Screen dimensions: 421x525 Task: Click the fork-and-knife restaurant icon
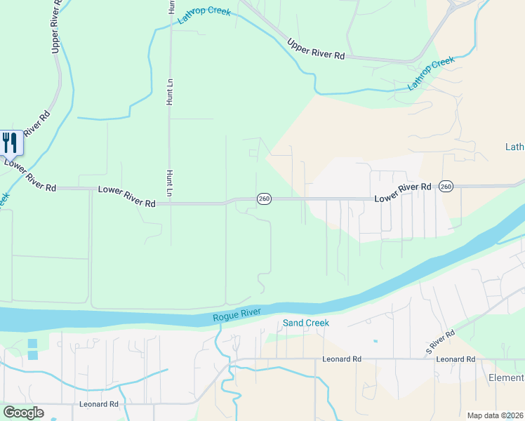[10, 142]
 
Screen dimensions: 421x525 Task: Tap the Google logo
[23, 413]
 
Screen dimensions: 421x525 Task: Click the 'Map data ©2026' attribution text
[496, 415]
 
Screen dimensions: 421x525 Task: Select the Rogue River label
[237, 316]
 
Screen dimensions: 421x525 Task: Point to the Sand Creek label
[305, 323]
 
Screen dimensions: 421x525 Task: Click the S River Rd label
[441, 341]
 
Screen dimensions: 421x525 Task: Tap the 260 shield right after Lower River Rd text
[446, 187]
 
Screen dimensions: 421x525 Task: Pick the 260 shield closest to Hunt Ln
[263, 199]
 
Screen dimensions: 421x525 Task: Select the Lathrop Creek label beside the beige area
[432, 74]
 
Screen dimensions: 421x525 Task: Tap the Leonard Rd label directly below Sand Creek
[342, 359]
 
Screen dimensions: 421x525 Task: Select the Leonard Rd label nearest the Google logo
[98, 404]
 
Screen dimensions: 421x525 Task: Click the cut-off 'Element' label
[505, 378]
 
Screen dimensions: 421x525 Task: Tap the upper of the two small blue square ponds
[33, 343]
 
